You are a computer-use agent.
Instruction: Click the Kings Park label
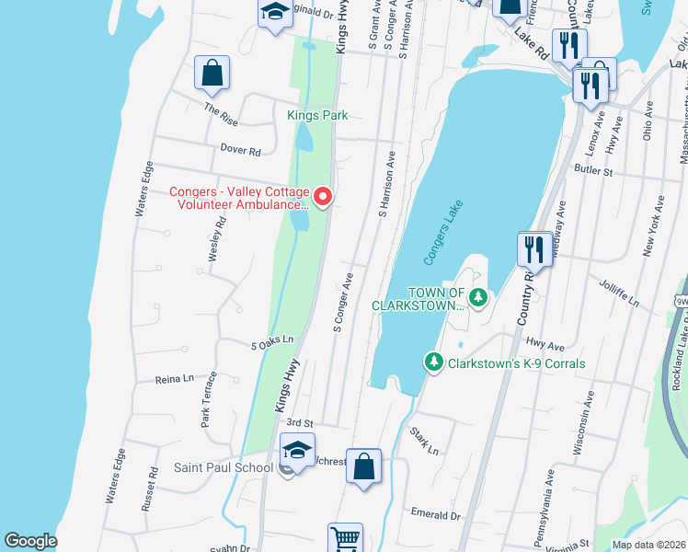316,115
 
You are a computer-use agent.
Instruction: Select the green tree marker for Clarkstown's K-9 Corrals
433,362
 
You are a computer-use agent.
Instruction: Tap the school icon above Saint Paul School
297,450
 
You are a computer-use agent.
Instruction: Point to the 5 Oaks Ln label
271,344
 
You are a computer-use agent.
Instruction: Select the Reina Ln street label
175,378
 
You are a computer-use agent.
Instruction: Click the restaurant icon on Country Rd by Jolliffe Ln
534,248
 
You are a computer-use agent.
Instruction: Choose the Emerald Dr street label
434,516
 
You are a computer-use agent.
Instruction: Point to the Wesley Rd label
217,239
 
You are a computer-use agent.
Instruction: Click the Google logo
30,541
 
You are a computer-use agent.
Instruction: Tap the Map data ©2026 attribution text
648,545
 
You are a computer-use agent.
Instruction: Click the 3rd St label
300,421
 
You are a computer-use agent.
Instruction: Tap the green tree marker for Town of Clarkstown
477,296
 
